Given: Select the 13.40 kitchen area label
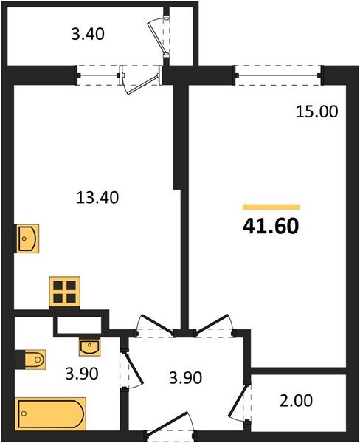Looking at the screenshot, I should pos(97,197).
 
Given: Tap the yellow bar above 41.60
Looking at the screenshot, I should pos(271,207).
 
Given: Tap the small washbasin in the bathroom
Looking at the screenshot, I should pos(89,346).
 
